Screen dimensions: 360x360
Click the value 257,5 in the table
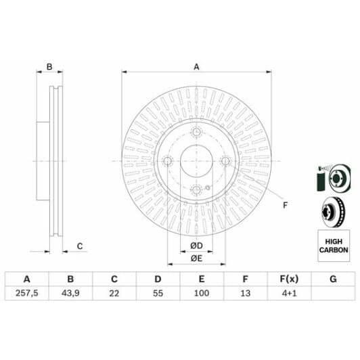tap(26, 293)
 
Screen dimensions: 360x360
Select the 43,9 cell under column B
tap(70, 293)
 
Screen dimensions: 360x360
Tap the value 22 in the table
tap(114, 293)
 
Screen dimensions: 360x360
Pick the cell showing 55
tap(158, 293)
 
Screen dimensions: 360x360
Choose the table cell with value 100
tap(202, 293)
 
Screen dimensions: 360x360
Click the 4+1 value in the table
tap(290, 293)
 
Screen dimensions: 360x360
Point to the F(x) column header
tap(290, 279)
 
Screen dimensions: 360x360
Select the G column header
tap(333, 279)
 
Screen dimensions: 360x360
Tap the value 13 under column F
tap(246, 293)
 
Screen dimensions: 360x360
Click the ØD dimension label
tap(196, 246)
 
